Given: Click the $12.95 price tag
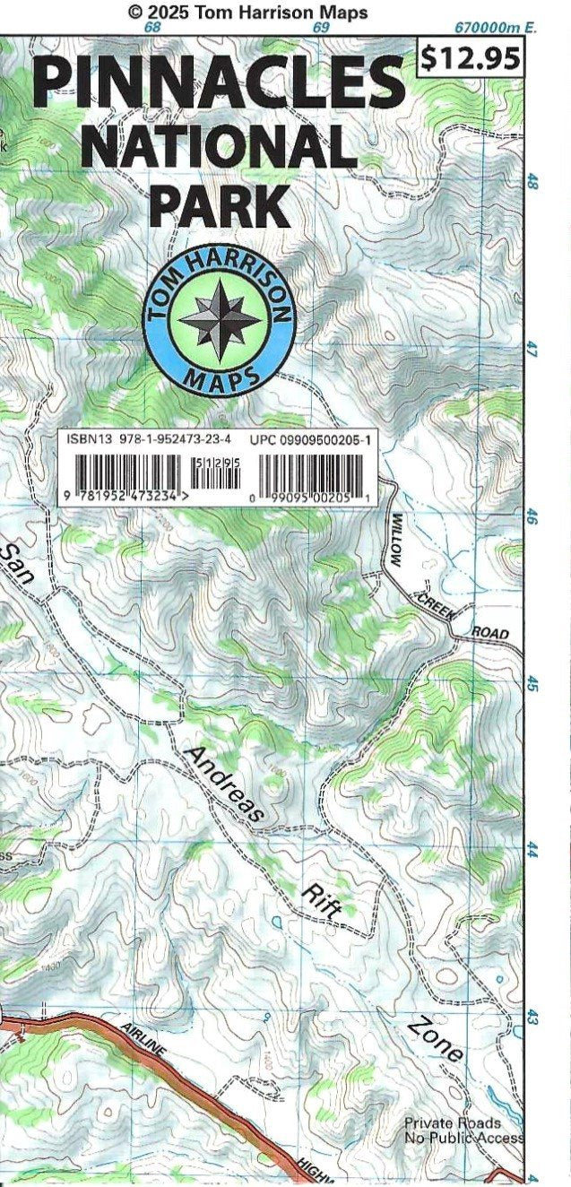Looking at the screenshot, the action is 471,58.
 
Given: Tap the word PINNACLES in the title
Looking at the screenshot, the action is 219,80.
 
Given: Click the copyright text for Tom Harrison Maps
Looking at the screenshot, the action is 247,12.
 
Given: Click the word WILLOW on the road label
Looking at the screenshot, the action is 397,539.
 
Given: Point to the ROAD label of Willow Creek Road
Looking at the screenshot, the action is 489,632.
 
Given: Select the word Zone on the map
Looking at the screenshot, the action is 436,1039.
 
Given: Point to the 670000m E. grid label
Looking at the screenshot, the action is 495,28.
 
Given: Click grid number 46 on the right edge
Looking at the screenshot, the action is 532,517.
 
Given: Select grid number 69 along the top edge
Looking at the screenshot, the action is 320,28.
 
